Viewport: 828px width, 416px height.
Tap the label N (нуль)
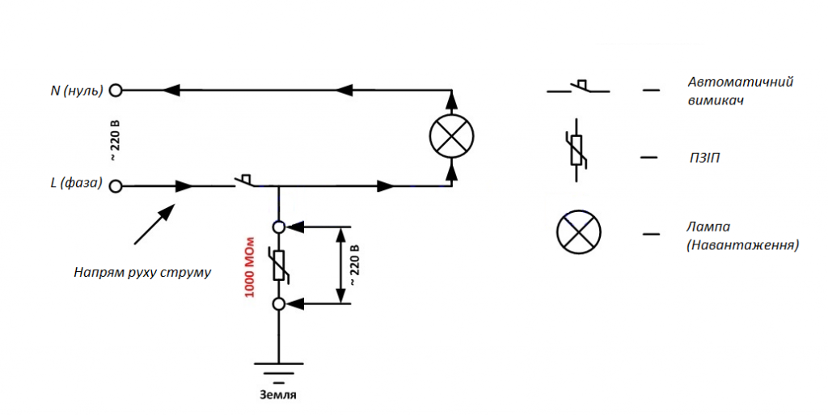[x=77, y=91]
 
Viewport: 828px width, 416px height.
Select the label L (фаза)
[x=77, y=184]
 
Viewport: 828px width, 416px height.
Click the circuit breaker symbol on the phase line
[x=243, y=180]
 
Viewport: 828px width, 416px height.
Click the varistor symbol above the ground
[x=279, y=265]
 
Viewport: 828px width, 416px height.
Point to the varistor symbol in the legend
[x=576, y=150]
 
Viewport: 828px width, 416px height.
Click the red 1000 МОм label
[x=249, y=267]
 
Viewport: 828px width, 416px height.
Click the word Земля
[x=278, y=395]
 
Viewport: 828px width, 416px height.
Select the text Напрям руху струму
[x=142, y=273]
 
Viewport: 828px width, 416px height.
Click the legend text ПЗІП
[x=704, y=158]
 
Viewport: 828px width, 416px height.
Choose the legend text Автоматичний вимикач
[x=741, y=91]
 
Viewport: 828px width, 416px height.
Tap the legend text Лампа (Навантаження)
[x=742, y=236]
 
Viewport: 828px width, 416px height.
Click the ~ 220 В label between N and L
[x=115, y=141]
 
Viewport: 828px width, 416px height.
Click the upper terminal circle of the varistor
[x=279, y=227]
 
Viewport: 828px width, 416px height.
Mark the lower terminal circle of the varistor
[x=279, y=304]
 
